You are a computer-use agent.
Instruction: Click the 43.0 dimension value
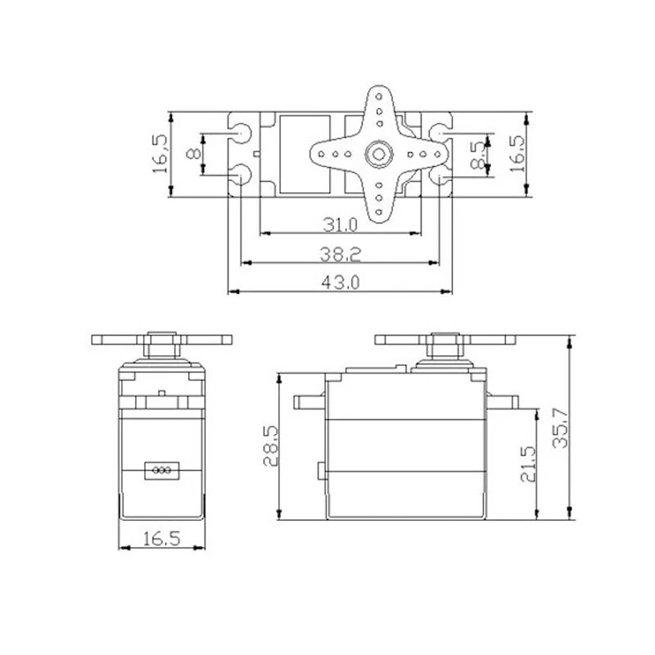point(340,282)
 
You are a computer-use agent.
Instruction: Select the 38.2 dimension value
point(340,254)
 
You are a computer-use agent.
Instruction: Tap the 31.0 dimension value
point(340,225)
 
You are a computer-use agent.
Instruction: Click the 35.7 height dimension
point(560,427)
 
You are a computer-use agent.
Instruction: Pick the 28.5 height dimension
point(271,445)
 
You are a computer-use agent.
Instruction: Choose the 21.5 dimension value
point(527,463)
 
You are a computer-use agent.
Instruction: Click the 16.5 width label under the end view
point(161,539)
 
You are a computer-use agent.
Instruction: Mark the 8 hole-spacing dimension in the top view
point(193,154)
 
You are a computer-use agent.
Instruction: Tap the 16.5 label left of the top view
point(160,154)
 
